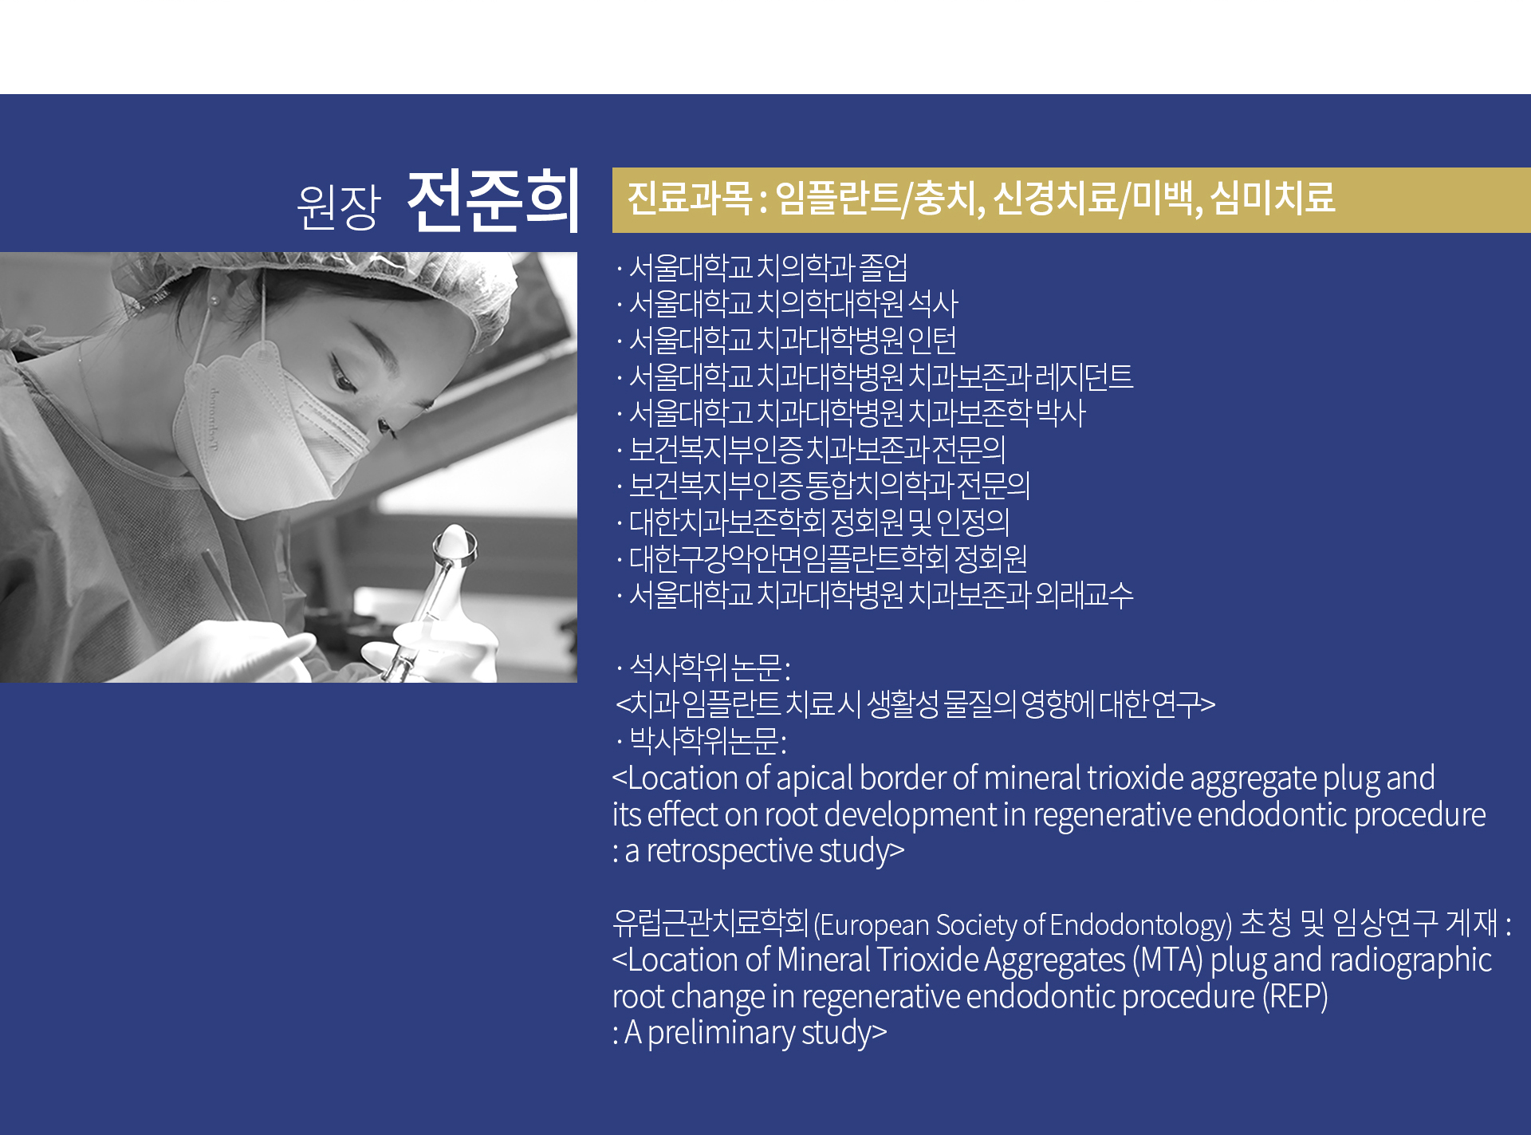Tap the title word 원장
pos(339,207)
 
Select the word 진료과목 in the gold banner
pos(689,198)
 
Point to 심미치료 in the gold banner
pos(1273,198)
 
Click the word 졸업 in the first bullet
pos(884,268)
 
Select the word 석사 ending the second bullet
pos(933,304)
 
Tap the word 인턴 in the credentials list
pos(932,341)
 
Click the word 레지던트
pos(1084,376)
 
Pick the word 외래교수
pos(1084,595)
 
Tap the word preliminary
pos(721,1033)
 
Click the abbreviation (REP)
pos(1295,996)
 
